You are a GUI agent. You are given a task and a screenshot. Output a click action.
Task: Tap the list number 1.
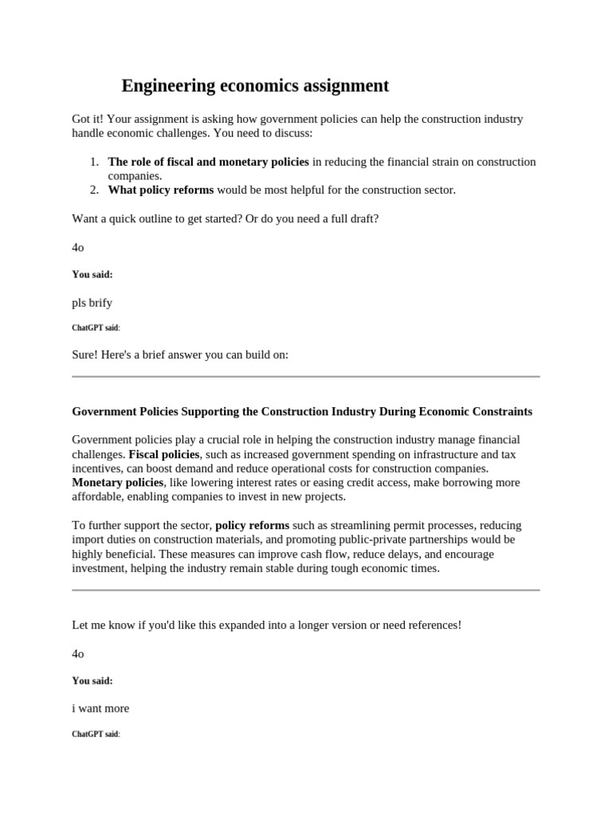point(94,162)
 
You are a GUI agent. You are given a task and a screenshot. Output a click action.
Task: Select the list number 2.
point(94,190)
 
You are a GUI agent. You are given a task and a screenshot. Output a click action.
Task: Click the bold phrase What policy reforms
point(161,190)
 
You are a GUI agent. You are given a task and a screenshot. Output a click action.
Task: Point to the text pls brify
point(92,303)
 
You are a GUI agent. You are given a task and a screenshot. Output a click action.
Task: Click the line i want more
point(100,708)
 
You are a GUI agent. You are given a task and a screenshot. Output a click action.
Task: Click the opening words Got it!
point(90,120)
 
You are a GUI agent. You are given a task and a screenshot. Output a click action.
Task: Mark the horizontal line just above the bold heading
point(306,377)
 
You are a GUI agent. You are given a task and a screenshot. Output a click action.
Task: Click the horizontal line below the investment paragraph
point(306,590)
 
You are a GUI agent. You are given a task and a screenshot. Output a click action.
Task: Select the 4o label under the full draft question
point(78,247)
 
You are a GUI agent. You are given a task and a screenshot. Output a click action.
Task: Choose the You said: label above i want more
point(92,681)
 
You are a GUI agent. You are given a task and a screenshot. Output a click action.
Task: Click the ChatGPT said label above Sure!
point(96,328)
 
